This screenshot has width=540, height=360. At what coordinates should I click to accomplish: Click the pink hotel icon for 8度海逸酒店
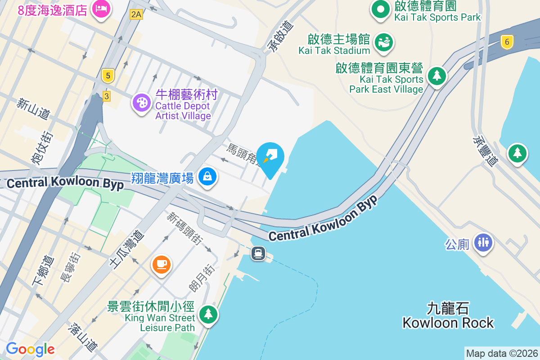pyautogui.click(x=101, y=9)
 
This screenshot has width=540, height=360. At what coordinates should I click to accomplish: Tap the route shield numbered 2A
pyautogui.click(x=136, y=14)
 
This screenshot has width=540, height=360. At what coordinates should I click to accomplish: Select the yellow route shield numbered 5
pyautogui.click(x=107, y=76)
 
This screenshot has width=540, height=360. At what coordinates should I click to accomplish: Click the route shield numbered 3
pyautogui.click(x=106, y=96)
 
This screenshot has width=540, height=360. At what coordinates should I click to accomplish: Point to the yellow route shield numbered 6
pyautogui.click(x=507, y=42)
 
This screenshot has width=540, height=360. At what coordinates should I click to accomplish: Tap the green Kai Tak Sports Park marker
pyautogui.click(x=381, y=9)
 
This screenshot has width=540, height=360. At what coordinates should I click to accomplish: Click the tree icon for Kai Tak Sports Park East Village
pyautogui.click(x=436, y=76)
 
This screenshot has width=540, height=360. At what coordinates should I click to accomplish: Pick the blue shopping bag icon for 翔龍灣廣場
pyautogui.click(x=207, y=177)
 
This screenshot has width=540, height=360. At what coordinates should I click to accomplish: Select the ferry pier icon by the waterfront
pyautogui.click(x=258, y=253)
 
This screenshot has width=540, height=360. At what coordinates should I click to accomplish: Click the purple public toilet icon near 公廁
pyautogui.click(x=483, y=243)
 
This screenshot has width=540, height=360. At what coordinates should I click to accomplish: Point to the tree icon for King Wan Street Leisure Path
pyautogui.click(x=208, y=314)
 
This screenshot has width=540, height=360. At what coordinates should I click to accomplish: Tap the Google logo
pyautogui.click(x=30, y=349)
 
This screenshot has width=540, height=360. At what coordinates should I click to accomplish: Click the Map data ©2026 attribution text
pyautogui.click(x=502, y=354)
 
